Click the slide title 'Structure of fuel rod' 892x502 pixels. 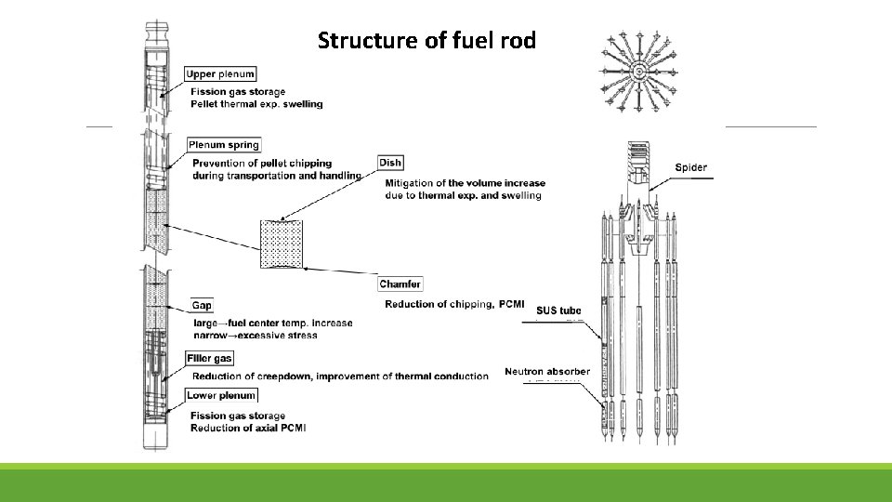[426, 41]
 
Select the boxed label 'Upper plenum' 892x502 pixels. [220, 74]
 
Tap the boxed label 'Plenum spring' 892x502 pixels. [224, 145]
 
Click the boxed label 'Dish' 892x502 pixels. [390, 164]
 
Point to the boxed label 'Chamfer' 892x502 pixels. [400, 284]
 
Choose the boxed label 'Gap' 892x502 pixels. [202, 306]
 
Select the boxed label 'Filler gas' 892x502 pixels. [210, 359]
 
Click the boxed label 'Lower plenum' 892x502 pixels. [221, 396]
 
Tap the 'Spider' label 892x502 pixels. [690, 168]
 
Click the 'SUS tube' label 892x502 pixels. [558, 310]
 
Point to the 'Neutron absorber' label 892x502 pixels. [546, 372]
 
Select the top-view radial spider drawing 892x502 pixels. [639, 70]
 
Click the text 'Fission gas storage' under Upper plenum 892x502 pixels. [238, 92]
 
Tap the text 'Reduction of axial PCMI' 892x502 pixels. [248, 428]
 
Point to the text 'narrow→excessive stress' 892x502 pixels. [256, 335]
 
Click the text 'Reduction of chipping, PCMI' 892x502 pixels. [454, 305]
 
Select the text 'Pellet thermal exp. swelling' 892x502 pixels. [256, 104]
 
